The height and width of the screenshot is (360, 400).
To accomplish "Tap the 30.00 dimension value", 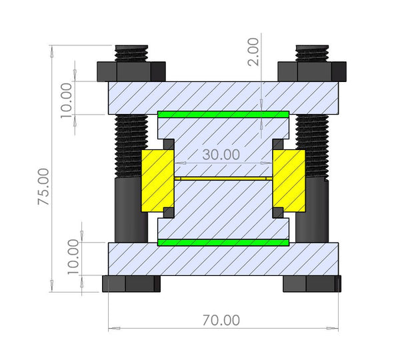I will (x=221, y=154).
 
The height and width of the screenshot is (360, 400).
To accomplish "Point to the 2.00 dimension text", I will (x=253, y=51).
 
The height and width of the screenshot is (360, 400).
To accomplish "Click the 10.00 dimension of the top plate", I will (x=66, y=101).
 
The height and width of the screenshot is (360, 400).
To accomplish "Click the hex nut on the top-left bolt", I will (x=131, y=71).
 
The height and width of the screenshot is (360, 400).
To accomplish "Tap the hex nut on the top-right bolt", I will (x=311, y=70).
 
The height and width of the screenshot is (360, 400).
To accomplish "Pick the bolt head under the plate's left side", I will (x=131, y=283).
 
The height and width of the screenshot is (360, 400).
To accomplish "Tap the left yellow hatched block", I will (x=157, y=179).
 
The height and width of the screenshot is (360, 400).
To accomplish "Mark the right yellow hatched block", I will (x=289, y=179).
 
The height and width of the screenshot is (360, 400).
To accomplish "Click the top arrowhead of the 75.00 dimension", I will (x=51, y=49).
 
